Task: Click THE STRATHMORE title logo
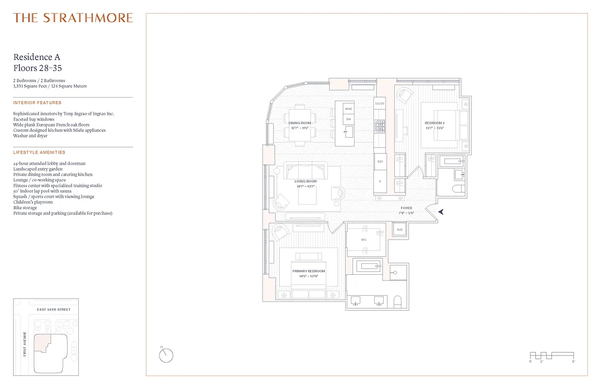(x=73, y=18)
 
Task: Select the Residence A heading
(x=37, y=57)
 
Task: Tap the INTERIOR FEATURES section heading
(x=37, y=103)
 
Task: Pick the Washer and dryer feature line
(x=30, y=136)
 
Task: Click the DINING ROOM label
(x=300, y=123)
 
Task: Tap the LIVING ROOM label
(x=305, y=181)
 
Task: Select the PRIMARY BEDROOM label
(x=308, y=271)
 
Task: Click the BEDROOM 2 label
(x=434, y=123)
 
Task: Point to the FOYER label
(x=406, y=208)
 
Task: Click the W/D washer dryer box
(x=400, y=230)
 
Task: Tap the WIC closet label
(x=364, y=240)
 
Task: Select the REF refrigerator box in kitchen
(x=380, y=161)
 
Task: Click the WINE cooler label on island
(x=349, y=109)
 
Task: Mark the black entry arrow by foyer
(x=441, y=212)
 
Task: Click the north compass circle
(x=166, y=355)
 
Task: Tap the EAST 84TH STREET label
(x=53, y=309)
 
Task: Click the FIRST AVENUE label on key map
(x=24, y=344)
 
